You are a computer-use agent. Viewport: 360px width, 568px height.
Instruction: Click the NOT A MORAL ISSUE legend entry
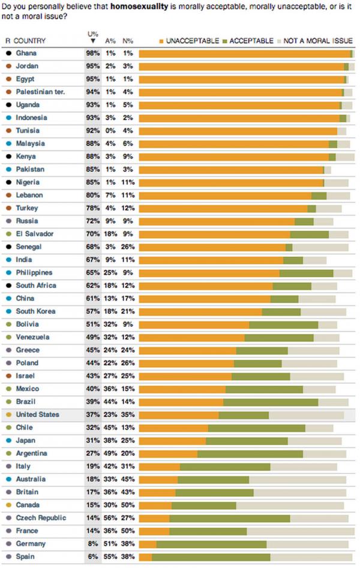(x=318, y=40)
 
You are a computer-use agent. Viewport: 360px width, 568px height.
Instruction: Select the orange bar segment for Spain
(x=145, y=557)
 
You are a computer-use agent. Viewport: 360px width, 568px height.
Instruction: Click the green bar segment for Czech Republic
(x=230, y=518)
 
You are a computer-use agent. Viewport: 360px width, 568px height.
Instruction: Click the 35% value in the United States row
(x=127, y=414)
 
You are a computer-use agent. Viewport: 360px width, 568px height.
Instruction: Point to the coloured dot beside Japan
(x=8, y=440)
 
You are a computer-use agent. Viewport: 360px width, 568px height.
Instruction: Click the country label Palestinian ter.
(x=40, y=92)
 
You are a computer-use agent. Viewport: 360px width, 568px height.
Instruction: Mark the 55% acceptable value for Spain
(x=110, y=557)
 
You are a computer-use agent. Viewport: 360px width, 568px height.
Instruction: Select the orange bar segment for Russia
(x=217, y=221)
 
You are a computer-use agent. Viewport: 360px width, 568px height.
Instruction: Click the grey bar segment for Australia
(x=298, y=479)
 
